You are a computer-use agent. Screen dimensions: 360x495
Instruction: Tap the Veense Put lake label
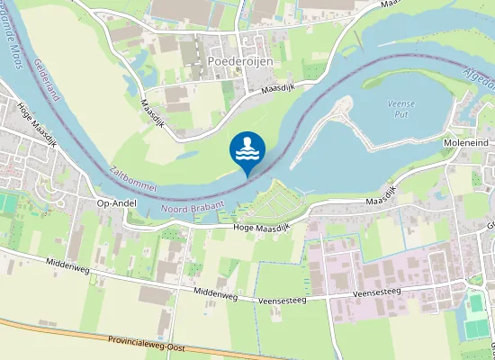400,109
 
